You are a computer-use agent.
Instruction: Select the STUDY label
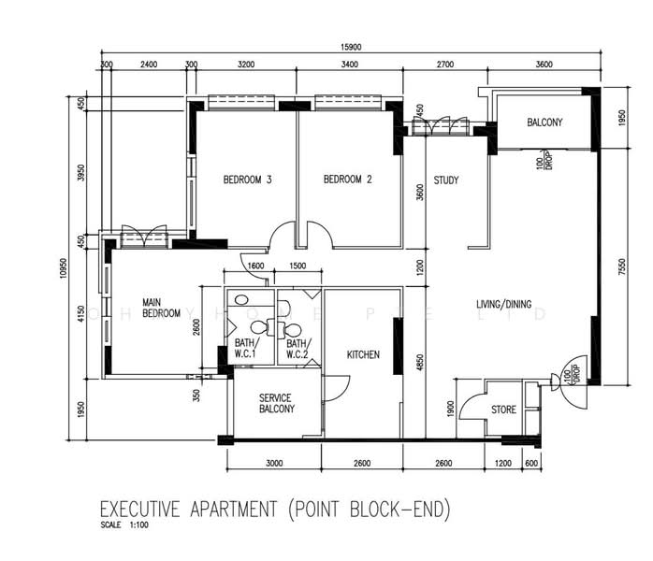pyautogui.click(x=446, y=180)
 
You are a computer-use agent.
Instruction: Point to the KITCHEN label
pyautogui.click(x=363, y=355)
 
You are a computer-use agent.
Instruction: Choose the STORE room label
pyautogui.click(x=503, y=410)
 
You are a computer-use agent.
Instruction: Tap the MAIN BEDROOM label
pyautogui.click(x=160, y=308)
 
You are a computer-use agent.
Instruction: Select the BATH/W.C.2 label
pyautogui.click(x=297, y=349)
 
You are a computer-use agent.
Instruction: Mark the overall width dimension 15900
pyautogui.click(x=353, y=48)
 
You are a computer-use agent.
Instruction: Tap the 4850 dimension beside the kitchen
pyautogui.click(x=420, y=360)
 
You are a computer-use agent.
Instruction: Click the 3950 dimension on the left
pyautogui.click(x=82, y=174)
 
